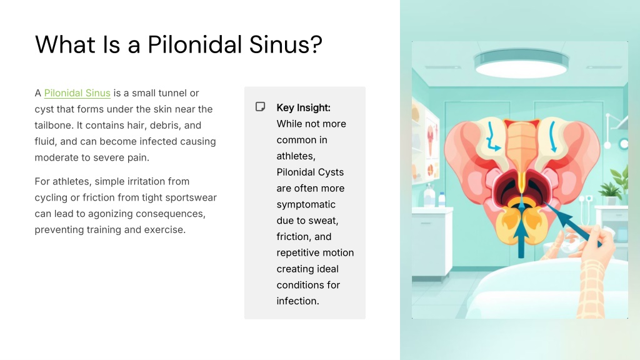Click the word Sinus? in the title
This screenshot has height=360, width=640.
pos(285,44)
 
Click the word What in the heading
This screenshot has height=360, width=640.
pos(65,44)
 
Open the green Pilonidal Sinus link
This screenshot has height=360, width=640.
pos(77,93)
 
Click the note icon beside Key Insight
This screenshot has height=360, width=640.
pos(261,107)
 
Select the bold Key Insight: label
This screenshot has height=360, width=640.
pos(303,107)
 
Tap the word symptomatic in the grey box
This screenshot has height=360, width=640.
pos(306,204)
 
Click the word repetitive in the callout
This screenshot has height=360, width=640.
pos(298,253)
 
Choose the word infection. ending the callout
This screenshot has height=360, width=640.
pos(297,301)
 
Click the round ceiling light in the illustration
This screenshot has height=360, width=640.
pos(521,63)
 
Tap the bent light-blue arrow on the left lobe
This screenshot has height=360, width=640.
pos(493,138)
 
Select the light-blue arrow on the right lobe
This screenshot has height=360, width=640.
pos(552,137)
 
